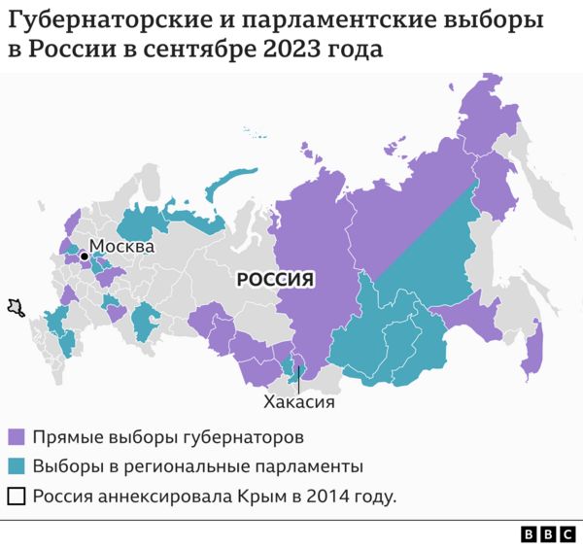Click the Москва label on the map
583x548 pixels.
121,247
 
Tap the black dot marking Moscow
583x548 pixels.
85,257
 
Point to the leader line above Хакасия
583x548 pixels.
299,379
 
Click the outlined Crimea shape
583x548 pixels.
15,308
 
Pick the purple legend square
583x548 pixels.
17,436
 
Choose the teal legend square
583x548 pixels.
17,466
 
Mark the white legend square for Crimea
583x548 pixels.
17,497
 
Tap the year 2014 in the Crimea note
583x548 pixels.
327,497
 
